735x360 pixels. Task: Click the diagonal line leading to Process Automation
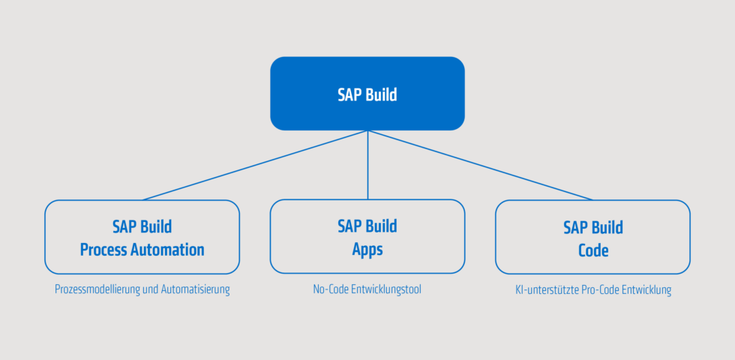point(255,165)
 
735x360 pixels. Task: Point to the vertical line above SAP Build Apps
point(367,165)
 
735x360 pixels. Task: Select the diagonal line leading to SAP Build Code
point(480,165)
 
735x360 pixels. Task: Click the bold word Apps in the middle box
point(367,250)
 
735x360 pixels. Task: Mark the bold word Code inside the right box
point(592,250)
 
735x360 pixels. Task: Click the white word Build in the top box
point(381,95)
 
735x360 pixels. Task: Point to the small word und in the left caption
point(152,289)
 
